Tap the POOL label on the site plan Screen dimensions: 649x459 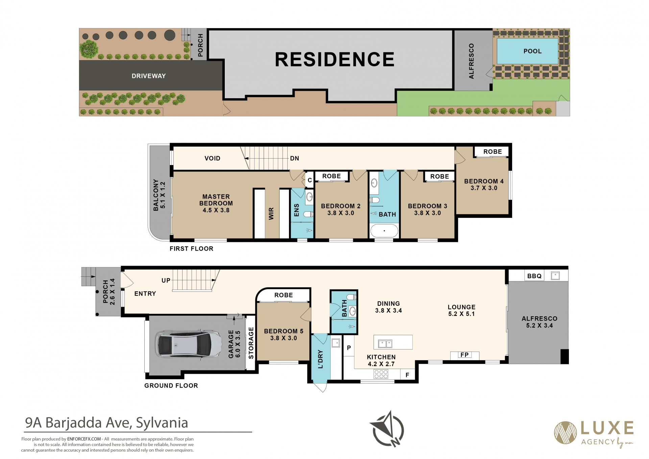pos(532,51)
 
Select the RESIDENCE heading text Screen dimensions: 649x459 pos(335,60)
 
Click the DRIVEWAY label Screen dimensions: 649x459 pos(149,76)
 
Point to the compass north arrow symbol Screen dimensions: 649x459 pos(388,429)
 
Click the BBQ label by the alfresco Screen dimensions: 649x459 pos(534,276)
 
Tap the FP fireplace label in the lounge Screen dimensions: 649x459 pos(464,355)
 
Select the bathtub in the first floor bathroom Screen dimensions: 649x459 pos(384,231)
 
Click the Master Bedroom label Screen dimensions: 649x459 pos(216,203)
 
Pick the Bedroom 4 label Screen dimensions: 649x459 pos(484,185)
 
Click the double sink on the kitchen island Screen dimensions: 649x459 pos(385,344)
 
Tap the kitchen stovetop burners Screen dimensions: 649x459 pos(381,374)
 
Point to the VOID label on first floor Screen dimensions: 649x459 pos(212,158)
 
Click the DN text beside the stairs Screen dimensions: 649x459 pos(294,158)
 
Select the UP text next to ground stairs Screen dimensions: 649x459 pos(166,280)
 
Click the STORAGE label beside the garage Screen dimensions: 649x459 pos(251,343)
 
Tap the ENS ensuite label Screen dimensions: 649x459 pos(296,210)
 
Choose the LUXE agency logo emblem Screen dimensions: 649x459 pos(565,433)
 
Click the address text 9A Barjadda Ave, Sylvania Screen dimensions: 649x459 pos(106,423)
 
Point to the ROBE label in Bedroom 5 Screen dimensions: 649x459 pos(284,295)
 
